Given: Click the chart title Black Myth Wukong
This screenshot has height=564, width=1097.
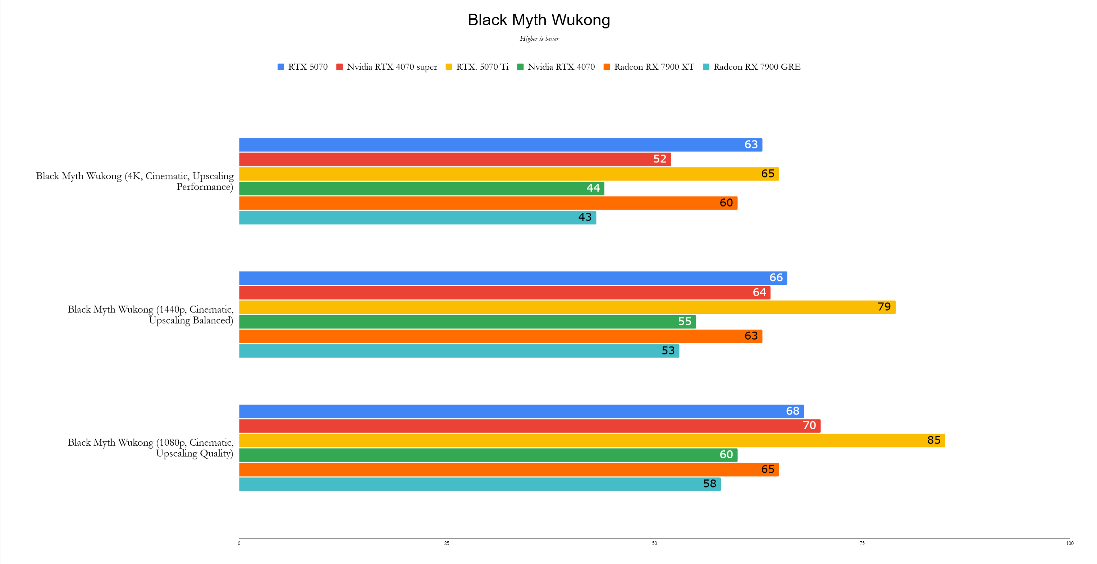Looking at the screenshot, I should click(x=539, y=20).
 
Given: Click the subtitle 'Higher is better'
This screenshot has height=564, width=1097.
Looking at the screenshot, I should click(x=539, y=39).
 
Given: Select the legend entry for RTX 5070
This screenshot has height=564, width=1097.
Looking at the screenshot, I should click(x=303, y=67).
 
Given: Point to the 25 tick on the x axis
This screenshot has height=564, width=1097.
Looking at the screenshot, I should click(x=446, y=543).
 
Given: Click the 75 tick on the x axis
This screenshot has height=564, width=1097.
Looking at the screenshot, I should click(x=862, y=543).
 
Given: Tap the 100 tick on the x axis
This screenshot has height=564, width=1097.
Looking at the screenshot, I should click(x=1069, y=543).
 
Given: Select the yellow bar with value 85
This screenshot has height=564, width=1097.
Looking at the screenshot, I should click(x=592, y=441).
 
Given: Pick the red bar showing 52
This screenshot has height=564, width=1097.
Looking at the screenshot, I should click(x=455, y=160).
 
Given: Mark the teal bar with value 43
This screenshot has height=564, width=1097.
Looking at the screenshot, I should click(x=417, y=218).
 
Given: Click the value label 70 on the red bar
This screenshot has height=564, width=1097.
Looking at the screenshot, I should click(x=809, y=426).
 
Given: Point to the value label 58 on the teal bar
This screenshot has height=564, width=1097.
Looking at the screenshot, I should click(x=709, y=484).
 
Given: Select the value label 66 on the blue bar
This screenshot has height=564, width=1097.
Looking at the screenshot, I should click(x=776, y=278).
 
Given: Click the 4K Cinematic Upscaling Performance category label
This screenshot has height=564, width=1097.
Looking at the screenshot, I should click(x=134, y=181).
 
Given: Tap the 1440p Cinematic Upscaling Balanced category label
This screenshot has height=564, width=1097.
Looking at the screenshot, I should click(x=150, y=315).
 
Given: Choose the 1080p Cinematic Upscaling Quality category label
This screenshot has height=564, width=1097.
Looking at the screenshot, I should click(x=150, y=448).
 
